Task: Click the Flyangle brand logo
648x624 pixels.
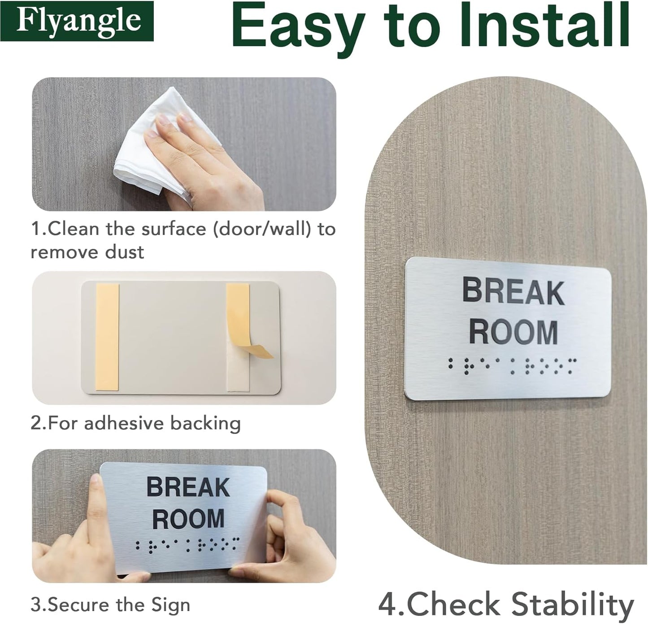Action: click(77, 21)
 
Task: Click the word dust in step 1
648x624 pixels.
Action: click(125, 252)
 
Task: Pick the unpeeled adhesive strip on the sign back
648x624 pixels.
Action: click(108, 336)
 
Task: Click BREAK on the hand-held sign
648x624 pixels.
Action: click(188, 487)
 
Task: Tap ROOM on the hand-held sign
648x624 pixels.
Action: click(188, 519)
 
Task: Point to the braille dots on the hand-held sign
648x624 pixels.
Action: click(187, 545)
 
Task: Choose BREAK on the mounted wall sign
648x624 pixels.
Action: click(513, 291)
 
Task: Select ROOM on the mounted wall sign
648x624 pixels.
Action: click(513, 332)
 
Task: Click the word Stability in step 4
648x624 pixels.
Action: click(573, 604)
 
